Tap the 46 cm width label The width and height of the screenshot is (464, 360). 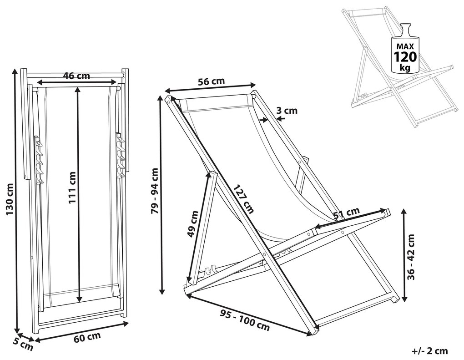(76, 76)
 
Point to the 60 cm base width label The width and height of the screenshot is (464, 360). (87, 337)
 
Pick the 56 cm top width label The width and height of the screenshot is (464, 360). (211, 81)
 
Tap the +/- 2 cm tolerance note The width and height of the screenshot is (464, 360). (429, 350)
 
